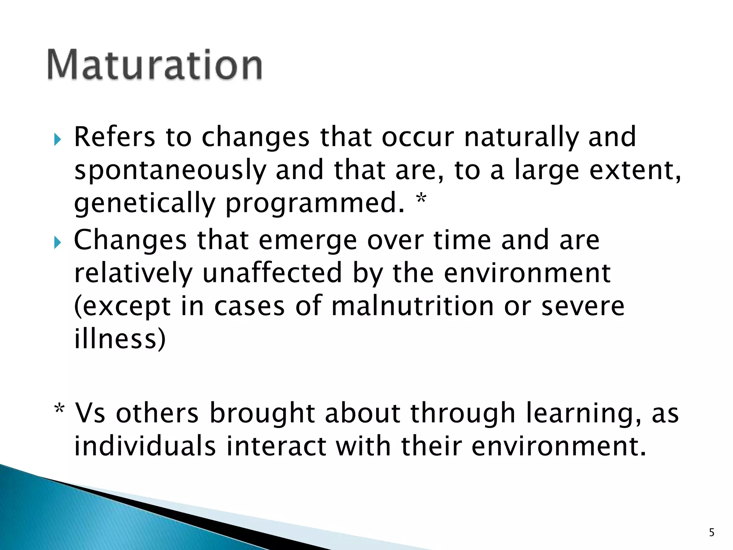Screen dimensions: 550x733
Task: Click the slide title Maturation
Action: coord(155,65)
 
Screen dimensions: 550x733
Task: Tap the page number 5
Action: coord(712,532)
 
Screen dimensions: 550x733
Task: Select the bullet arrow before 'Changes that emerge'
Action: coord(57,242)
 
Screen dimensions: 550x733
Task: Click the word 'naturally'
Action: coord(521,137)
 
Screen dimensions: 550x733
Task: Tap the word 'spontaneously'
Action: coord(170,171)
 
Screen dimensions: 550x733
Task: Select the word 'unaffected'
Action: coord(272,273)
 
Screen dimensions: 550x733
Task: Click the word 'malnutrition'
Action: coord(412,306)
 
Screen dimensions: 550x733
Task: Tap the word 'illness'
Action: coord(120,339)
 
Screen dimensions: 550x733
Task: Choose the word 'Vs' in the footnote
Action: coord(90,413)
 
